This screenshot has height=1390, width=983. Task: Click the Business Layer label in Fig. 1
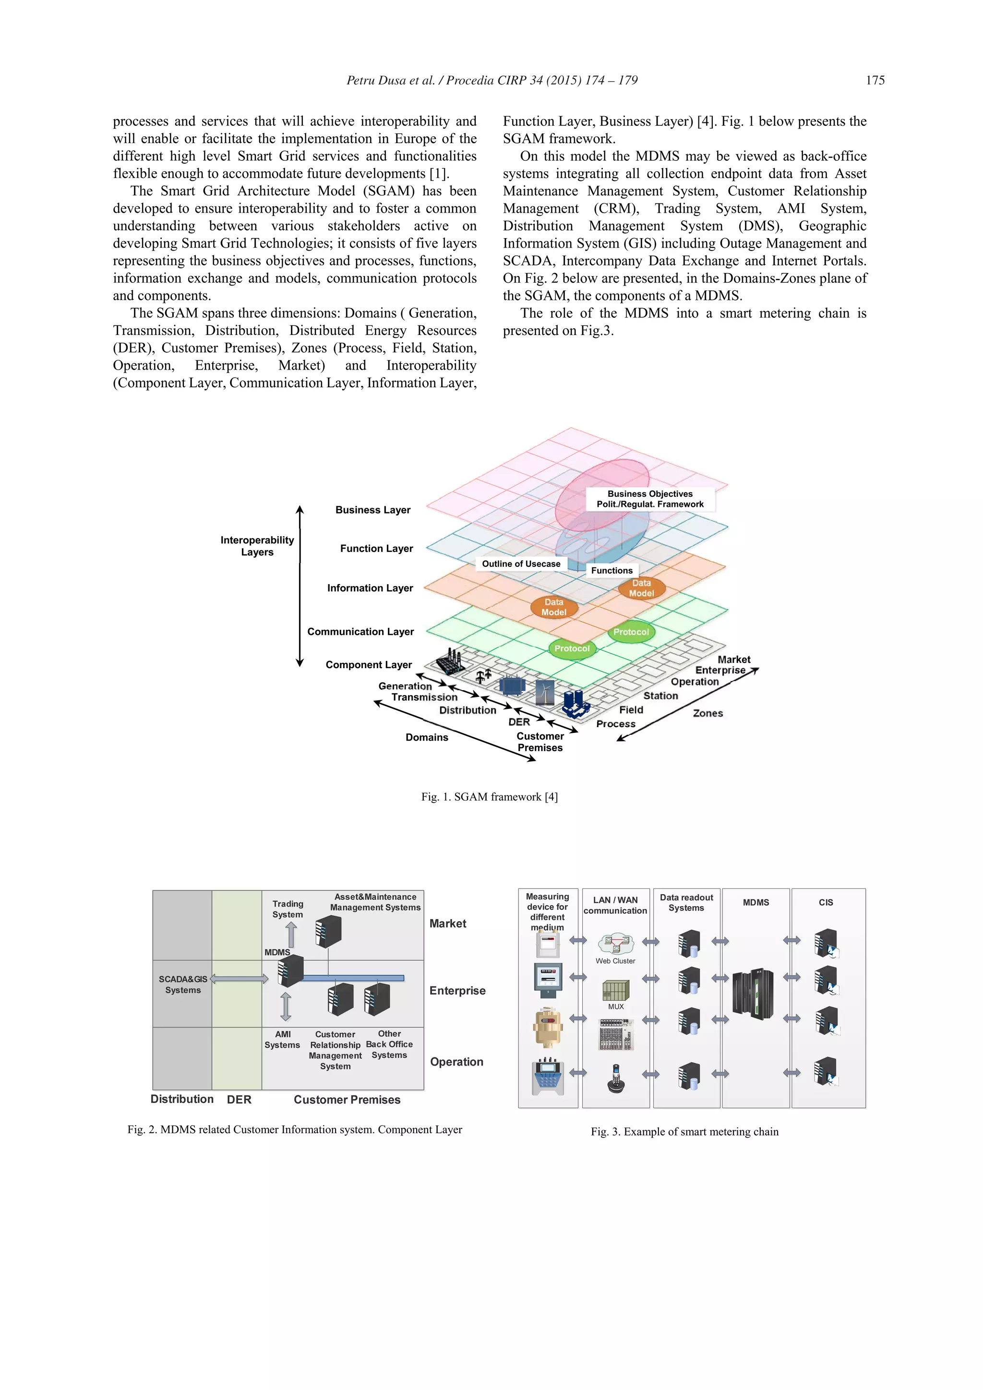[373, 510]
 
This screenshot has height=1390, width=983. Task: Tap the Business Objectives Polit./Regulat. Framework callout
[650, 499]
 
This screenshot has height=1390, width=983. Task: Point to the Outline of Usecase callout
[521, 563]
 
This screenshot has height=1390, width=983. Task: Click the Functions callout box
[611, 570]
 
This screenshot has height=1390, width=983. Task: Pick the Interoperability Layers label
[257, 545]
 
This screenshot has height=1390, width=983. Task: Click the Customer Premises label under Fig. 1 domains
[540, 742]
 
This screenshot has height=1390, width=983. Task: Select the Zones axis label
[707, 713]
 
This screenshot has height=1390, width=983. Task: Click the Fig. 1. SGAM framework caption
[489, 797]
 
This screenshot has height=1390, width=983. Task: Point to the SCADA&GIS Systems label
[183, 984]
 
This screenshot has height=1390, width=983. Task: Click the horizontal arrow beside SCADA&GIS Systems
[239, 979]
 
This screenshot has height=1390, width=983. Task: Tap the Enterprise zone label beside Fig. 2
[457, 991]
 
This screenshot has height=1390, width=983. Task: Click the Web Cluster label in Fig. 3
[615, 961]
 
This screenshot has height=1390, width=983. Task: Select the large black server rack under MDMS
[753, 994]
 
